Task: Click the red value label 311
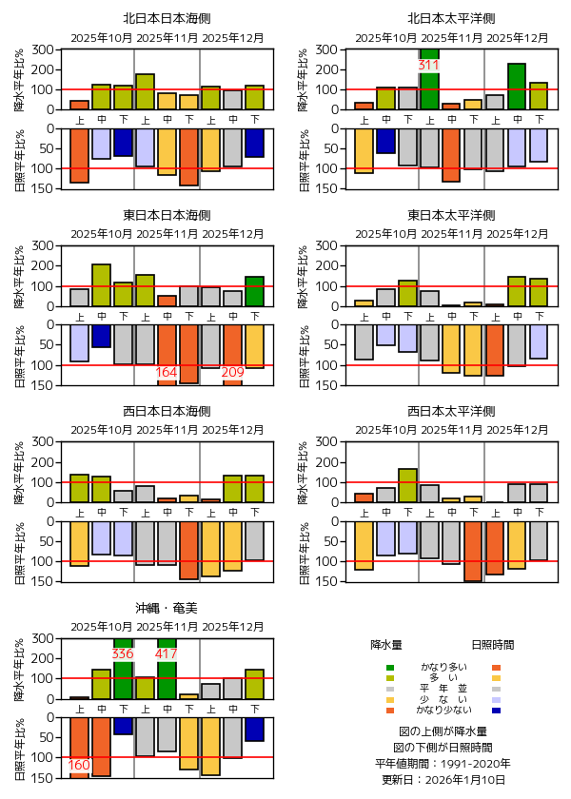[428, 66]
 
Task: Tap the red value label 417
[167, 654]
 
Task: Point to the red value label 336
[123, 654]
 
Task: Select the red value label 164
[167, 372]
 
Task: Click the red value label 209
[232, 372]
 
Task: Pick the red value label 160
[79, 766]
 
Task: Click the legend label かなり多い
[443, 667]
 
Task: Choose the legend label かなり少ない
[443, 711]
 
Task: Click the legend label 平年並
[443, 689]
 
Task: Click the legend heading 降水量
[386, 645]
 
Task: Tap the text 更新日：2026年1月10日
[443, 780]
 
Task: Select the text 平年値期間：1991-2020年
[443, 764]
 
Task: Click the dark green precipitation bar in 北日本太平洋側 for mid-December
[517, 87]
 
